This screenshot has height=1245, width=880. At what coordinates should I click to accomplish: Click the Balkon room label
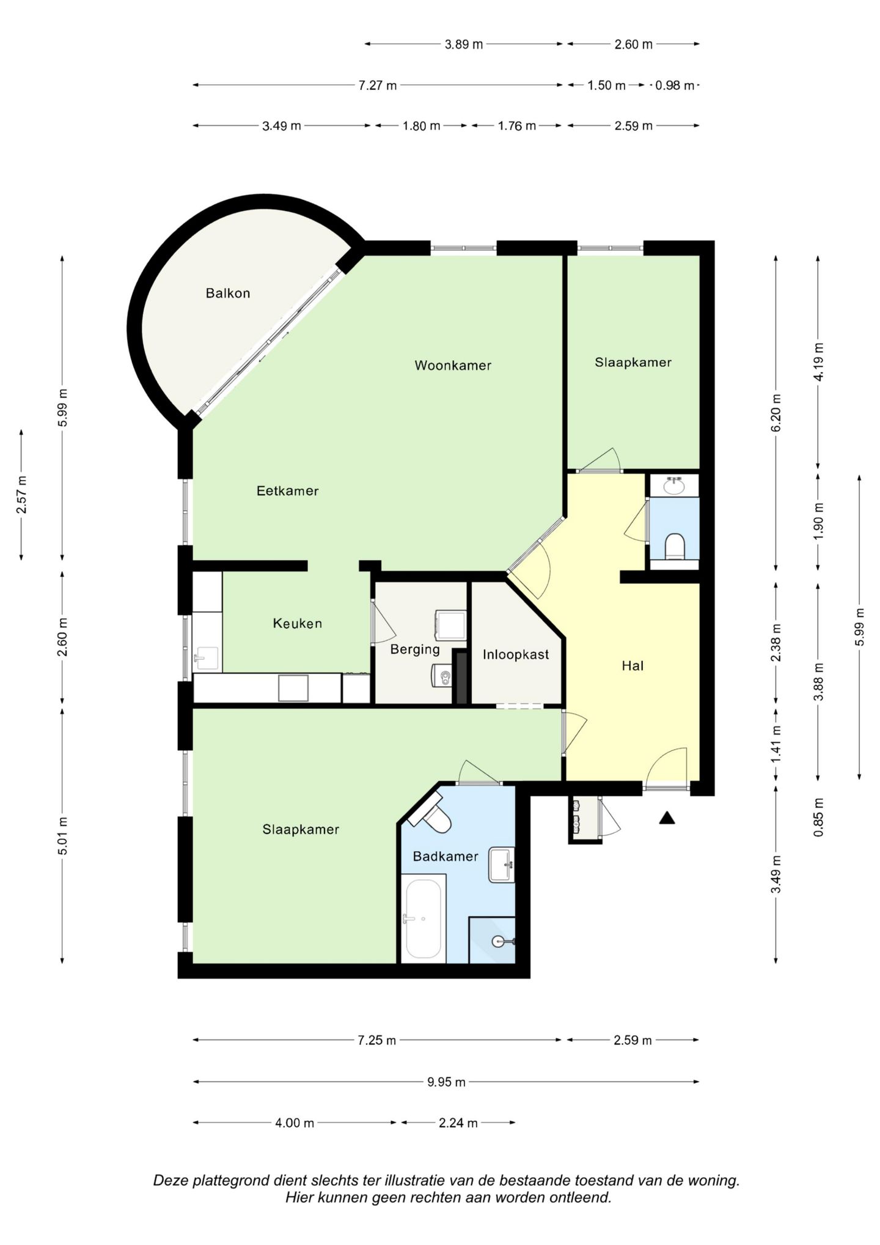pyautogui.click(x=228, y=294)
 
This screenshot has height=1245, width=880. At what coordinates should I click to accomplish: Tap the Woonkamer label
pyautogui.click(x=453, y=366)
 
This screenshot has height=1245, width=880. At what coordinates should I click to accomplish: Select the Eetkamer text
pyautogui.click(x=287, y=491)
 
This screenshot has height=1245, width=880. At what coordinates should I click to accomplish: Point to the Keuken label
pyautogui.click(x=297, y=624)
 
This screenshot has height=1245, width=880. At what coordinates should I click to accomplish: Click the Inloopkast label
pyautogui.click(x=516, y=655)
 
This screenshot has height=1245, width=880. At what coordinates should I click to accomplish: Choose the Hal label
pyautogui.click(x=632, y=666)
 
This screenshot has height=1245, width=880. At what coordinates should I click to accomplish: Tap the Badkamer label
pyautogui.click(x=446, y=857)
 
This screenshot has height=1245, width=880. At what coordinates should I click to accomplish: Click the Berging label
pyautogui.click(x=415, y=649)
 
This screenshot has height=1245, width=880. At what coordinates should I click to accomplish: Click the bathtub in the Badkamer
pyautogui.click(x=423, y=919)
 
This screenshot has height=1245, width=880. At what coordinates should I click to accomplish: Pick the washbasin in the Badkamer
pyautogui.click(x=502, y=865)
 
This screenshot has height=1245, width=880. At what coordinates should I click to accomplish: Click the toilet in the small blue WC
pyautogui.click(x=675, y=546)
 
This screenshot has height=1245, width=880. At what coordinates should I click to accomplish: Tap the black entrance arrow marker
pyautogui.click(x=667, y=818)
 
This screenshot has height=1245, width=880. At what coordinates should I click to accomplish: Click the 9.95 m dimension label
pyautogui.click(x=446, y=1082)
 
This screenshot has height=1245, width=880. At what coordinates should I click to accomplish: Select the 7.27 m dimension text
pyautogui.click(x=378, y=86)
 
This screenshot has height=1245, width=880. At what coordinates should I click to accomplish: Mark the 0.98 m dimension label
pyautogui.click(x=675, y=86)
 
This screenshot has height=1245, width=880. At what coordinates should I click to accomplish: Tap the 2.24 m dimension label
pyautogui.click(x=458, y=1123)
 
